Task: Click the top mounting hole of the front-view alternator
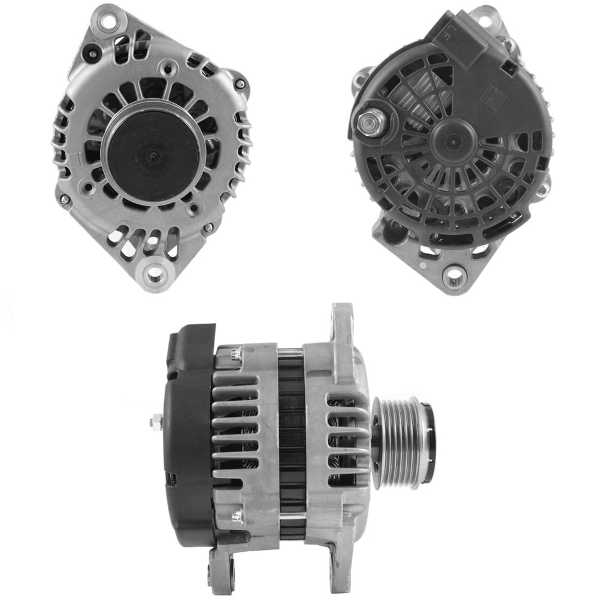click(107, 23)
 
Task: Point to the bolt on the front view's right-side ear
click(240, 84)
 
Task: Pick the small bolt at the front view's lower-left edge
click(64, 199)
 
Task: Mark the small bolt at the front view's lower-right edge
click(208, 228)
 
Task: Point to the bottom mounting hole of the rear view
click(454, 276)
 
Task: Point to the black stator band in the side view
click(292, 443)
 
